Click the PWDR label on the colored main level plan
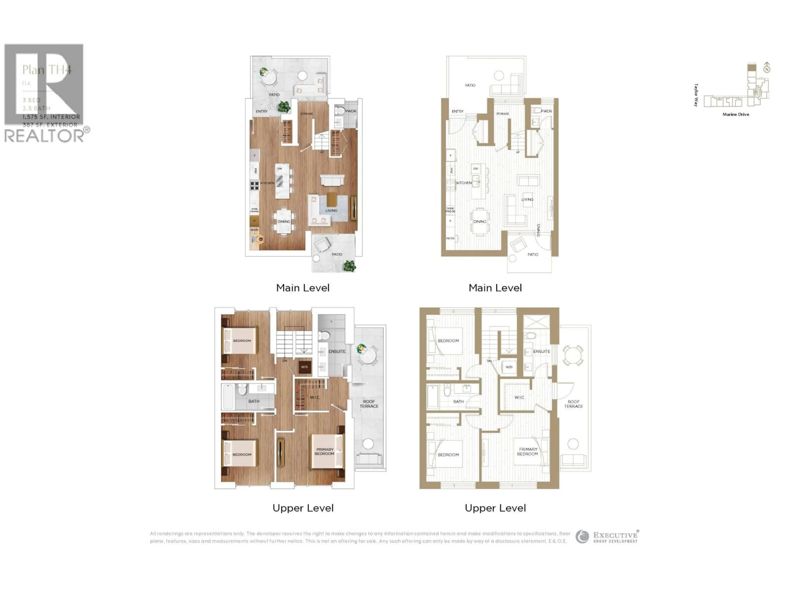point(351,111)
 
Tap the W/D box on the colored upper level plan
point(304,367)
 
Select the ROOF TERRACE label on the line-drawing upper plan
point(573,404)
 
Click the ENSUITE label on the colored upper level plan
point(337,351)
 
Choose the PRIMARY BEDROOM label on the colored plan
point(324,451)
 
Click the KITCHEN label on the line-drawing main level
point(464,183)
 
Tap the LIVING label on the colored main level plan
point(331,210)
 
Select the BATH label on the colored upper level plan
point(254,401)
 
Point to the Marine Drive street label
point(736,114)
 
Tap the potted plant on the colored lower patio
point(349,266)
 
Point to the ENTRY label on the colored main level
point(261,111)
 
